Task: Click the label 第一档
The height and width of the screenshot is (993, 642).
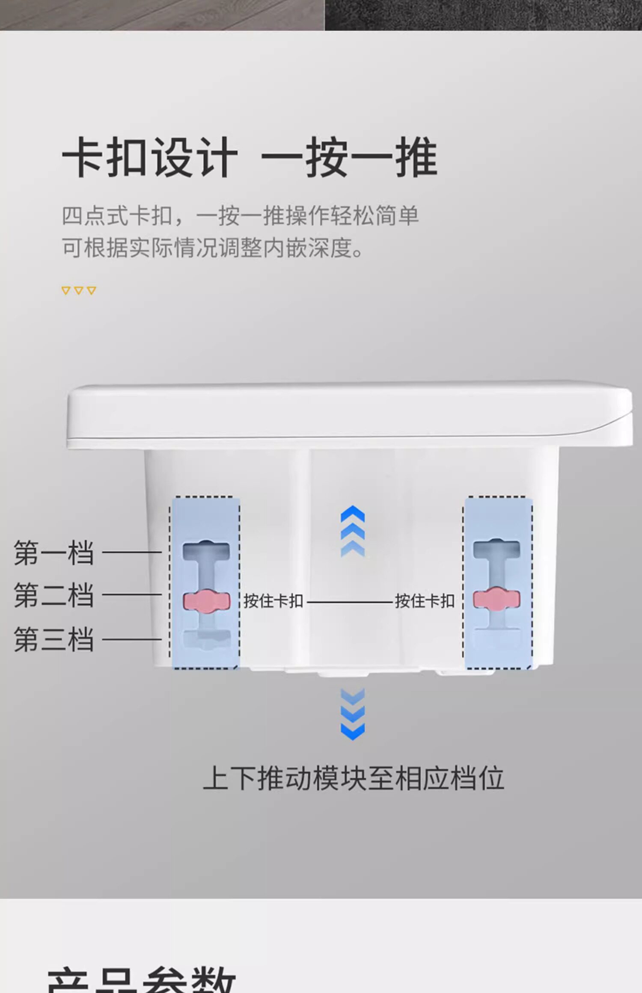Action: click(53, 553)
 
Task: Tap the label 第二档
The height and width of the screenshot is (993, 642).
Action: click(53, 595)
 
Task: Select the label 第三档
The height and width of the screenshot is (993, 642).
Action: click(53, 639)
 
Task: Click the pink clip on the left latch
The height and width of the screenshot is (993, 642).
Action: click(207, 601)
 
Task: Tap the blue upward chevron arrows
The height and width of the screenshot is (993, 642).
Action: click(353, 531)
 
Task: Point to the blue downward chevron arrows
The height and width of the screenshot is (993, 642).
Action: click(353, 714)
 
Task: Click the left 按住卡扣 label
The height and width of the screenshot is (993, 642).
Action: click(273, 601)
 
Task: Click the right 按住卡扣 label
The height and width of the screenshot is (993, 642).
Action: click(425, 601)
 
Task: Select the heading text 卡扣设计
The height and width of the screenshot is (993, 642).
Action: click(150, 158)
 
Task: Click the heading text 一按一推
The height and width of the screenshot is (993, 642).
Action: click(349, 158)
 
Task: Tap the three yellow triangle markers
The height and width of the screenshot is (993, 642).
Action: click(79, 291)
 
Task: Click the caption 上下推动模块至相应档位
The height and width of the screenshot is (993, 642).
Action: click(353, 778)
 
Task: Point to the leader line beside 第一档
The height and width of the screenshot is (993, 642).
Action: click(132, 552)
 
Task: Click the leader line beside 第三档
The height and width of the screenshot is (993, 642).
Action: click(132, 639)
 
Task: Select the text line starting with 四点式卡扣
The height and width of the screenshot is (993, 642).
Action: click(240, 216)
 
